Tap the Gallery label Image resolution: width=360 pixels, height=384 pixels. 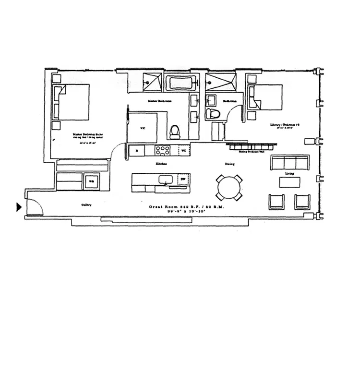coord(86,205)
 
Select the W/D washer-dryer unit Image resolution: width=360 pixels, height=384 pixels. coord(90,181)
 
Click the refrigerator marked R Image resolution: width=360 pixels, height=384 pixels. coord(137,150)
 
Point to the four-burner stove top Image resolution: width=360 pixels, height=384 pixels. coord(163,150)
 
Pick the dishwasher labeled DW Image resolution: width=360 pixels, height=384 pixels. coord(182,180)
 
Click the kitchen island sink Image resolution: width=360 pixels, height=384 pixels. coord(166,180)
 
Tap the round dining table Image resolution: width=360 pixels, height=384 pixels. coord(229,187)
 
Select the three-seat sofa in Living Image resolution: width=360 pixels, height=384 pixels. coord(287,163)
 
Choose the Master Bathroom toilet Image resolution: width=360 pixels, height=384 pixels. coord(175,131)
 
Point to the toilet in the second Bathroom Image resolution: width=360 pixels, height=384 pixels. coord(212,114)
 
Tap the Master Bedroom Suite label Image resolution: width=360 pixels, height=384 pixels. coord(82,134)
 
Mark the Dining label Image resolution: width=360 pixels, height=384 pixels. coord(229,164)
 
